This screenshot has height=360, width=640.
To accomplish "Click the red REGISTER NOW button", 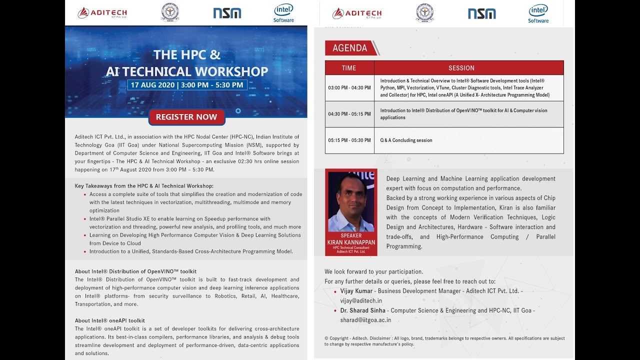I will [x=186, y=117].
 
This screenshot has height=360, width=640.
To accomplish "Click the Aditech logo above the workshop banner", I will [x=102, y=13].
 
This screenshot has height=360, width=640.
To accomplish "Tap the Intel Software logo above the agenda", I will [x=538, y=13].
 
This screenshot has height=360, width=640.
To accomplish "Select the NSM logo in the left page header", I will [x=227, y=13].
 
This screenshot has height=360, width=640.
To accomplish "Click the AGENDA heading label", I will [x=350, y=48].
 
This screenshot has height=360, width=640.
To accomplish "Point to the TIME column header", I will [x=349, y=68].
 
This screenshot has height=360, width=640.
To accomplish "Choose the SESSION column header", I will [x=461, y=68].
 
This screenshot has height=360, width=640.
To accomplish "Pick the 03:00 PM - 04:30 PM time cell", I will [x=349, y=88].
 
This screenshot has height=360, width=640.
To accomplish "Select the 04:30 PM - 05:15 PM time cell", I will [x=349, y=114].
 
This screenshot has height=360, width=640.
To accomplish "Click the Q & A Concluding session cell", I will [x=406, y=140].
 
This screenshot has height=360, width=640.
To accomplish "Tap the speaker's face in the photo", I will [x=351, y=193].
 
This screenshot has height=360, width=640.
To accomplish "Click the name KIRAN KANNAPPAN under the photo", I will [x=351, y=242].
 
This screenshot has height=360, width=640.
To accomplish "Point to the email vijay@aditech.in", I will [x=361, y=300].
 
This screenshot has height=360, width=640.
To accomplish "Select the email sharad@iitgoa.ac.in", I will [x=365, y=320].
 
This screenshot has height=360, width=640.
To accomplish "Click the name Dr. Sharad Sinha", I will [x=362, y=310].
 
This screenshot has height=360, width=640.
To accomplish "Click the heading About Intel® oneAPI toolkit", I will [x=110, y=320].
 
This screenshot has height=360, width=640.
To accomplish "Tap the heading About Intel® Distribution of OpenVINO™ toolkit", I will [x=135, y=271].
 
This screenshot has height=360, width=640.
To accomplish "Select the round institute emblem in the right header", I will [x=424, y=13].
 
